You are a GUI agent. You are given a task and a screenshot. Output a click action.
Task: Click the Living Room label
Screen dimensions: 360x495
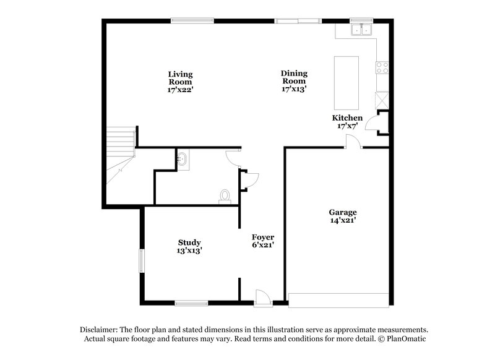pyautogui.click(x=180, y=82)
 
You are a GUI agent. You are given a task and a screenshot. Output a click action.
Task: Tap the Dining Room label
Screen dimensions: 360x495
pyautogui.click(x=294, y=81)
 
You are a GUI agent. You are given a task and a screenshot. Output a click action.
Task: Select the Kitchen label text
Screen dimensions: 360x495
pyautogui.click(x=347, y=122)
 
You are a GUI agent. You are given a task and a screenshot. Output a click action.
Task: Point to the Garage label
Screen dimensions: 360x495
pyautogui.click(x=342, y=216)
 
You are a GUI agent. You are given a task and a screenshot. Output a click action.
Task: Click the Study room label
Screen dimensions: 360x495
pyautogui.click(x=189, y=246)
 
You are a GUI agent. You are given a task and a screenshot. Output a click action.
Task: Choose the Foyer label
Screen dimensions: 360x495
pyautogui.click(x=262, y=241)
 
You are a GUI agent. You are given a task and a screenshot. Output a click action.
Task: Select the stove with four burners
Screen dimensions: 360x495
pyautogui.click(x=382, y=67)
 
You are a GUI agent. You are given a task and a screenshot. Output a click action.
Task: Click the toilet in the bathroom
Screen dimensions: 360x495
pyautogui.click(x=225, y=196)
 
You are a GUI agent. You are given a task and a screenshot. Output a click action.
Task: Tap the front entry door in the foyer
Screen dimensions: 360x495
pyautogui.click(x=262, y=299)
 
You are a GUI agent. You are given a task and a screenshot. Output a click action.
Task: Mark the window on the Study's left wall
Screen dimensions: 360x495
pyautogui.click(x=142, y=260)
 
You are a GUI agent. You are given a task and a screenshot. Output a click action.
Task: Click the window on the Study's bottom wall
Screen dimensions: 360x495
pyautogui.click(x=191, y=302)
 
